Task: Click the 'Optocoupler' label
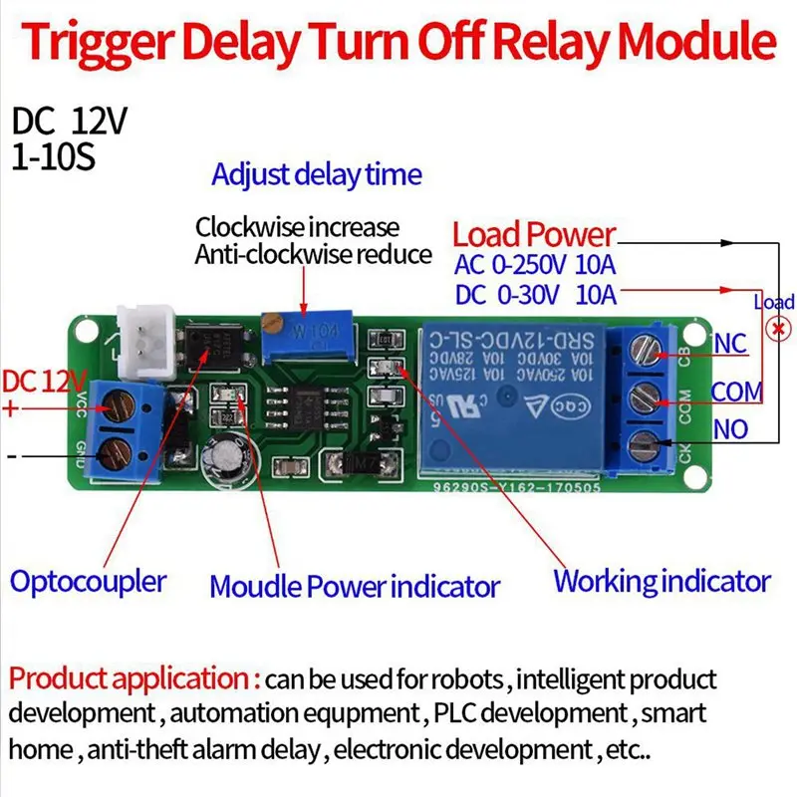[x=89, y=581]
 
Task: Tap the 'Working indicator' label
[x=662, y=581]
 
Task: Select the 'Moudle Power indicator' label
[x=354, y=585]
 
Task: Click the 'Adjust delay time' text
[x=316, y=175]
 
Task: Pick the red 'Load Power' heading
[x=534, y=235]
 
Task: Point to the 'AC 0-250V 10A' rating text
[x=535, y=265]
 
